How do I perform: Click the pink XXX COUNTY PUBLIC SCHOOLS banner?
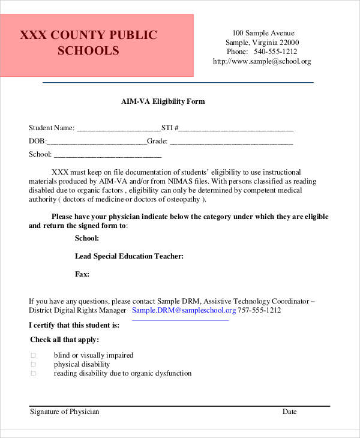pos(97,45)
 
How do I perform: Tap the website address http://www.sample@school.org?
pos(262,61)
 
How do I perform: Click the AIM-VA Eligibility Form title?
pos(163,101)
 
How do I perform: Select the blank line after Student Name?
pos(119,128)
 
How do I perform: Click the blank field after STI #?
pos(236,128)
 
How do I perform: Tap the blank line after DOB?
pos(96,142)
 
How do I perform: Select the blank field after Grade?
pos(231,142)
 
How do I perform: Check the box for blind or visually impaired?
pos(33,355)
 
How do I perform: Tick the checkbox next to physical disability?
pos(33,364)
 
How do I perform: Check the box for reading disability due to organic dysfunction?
pos(33,373)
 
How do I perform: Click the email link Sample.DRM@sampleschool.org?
pos(184,310)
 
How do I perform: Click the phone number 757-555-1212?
pos(259,310)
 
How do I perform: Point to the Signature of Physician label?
pos(64,412)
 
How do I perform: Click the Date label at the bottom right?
pos(290,412)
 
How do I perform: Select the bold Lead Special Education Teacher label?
pos(129,256)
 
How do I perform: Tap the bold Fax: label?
pos(82,274)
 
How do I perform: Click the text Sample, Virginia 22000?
pos(262,42)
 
